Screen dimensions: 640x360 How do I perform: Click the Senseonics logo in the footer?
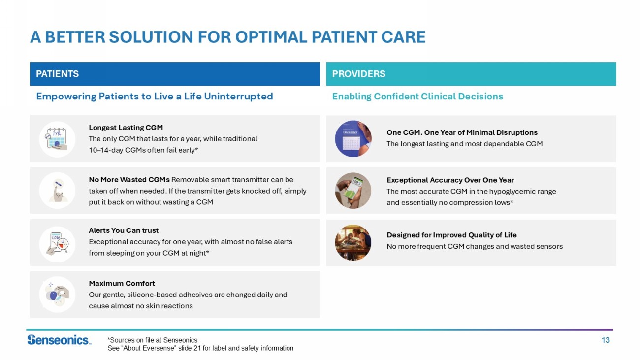click(x=59, y=340)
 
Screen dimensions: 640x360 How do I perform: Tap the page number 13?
click(x=606, y=340)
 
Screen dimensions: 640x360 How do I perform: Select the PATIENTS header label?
click(x=58, y=74)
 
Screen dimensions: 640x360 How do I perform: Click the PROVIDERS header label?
click(x=358, y=74)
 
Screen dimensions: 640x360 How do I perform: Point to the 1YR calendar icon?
click(x=57, y=139)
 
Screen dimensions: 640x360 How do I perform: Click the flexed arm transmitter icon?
click(x=57, y=191)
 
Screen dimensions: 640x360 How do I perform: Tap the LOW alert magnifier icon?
click(x=57, y=244)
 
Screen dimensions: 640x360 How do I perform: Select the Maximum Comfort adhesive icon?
click(x=57, y=295)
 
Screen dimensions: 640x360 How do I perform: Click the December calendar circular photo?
click(x=353, y=138)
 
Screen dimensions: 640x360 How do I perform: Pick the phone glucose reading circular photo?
click(x=353, y=191)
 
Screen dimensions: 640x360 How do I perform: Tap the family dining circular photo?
click(x=353, y=243)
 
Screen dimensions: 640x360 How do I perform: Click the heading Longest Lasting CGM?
click(x=126, y=128)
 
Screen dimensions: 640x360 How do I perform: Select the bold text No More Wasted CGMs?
click(x=129, y=180)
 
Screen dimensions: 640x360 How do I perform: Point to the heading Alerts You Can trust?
click(x=124, y=230)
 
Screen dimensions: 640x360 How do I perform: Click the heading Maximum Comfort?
click(x=122, y=284)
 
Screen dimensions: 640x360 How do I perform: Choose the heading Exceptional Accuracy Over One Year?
click(x=450, y=180)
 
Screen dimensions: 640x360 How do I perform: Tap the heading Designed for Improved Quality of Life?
click(x=452, y=235)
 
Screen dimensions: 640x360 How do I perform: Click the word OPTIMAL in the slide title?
click(x=271, y=37)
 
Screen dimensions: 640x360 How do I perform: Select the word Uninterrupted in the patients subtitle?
click(x=239, y=97)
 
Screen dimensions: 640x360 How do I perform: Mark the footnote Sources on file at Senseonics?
click(x=152, y=340)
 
